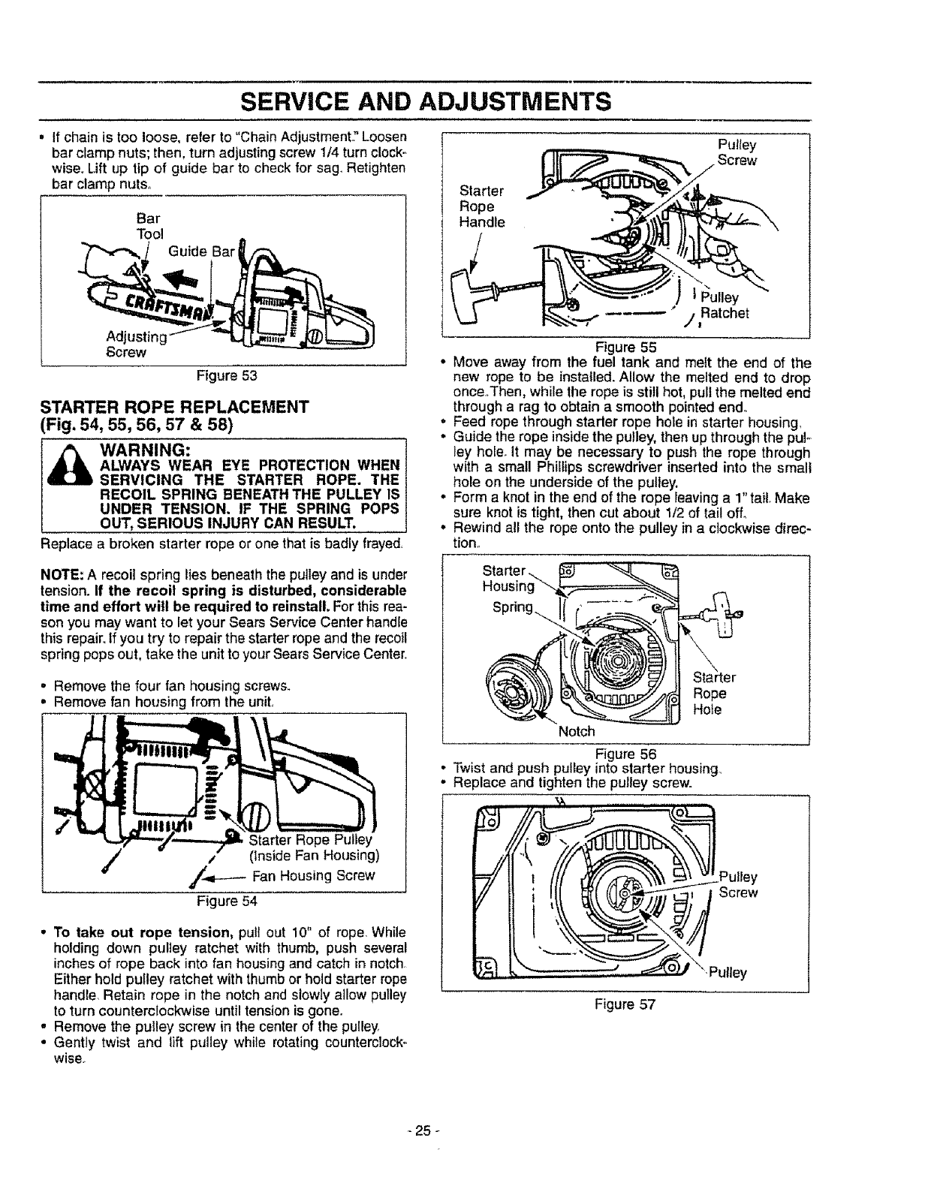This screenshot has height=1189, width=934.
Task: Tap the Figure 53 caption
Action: point(224,375)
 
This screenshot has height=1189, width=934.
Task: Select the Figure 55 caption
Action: point(626,347)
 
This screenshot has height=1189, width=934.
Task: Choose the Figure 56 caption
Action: point(625,754)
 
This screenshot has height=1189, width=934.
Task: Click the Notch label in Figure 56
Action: point(576,730)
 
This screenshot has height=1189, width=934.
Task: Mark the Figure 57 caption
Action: point(626,1004)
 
